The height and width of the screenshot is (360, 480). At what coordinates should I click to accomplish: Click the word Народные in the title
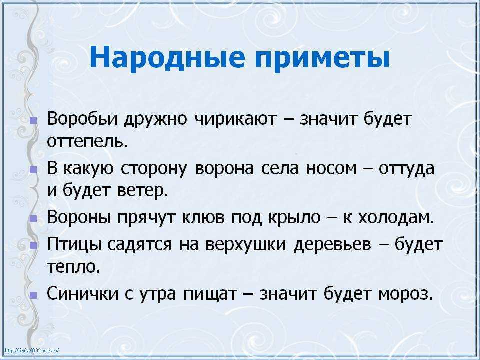[x=168, y=58]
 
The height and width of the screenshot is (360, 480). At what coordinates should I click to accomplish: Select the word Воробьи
[x=82, y=119]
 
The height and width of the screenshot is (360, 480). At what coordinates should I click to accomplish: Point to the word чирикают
[x=235, y=119]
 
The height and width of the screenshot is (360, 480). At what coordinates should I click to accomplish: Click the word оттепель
[x=87, y=141]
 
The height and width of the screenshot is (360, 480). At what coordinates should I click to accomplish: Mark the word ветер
[x=142, y=191]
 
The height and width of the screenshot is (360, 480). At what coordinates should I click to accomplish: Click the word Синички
[x=82, y=293]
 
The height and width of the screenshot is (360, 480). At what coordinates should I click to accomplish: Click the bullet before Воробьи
[x=33, y=120]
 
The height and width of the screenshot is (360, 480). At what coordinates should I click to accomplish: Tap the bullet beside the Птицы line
[x=33, y=246]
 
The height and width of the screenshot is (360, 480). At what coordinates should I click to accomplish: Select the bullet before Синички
[x=33, y=295]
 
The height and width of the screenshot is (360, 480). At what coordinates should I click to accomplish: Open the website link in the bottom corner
[x=32, y=351]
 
